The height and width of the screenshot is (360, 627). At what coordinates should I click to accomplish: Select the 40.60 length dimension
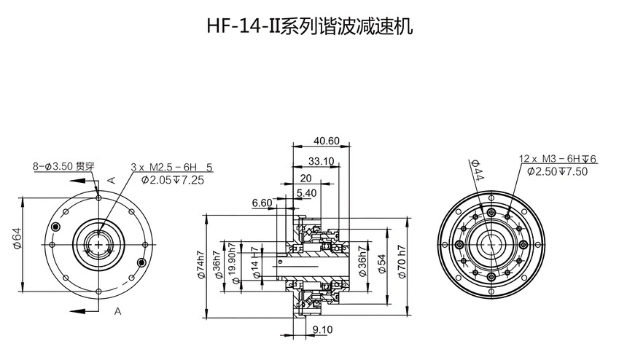[x=327, y=141]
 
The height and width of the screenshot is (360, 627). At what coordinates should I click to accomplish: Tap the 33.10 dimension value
[x=321, y=160]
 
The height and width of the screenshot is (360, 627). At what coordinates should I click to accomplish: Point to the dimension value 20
[x=305, y=179]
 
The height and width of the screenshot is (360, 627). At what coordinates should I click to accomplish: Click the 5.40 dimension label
[x=306, y=192]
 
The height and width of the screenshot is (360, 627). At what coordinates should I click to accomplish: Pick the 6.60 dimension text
[x=262, y=203]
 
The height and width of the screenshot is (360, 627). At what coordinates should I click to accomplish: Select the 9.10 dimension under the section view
[x=322, y=330]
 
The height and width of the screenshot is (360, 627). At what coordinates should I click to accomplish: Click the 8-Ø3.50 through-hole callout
[x=63, y=166]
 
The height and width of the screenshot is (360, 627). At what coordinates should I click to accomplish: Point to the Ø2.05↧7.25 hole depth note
[x=172, y=179]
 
